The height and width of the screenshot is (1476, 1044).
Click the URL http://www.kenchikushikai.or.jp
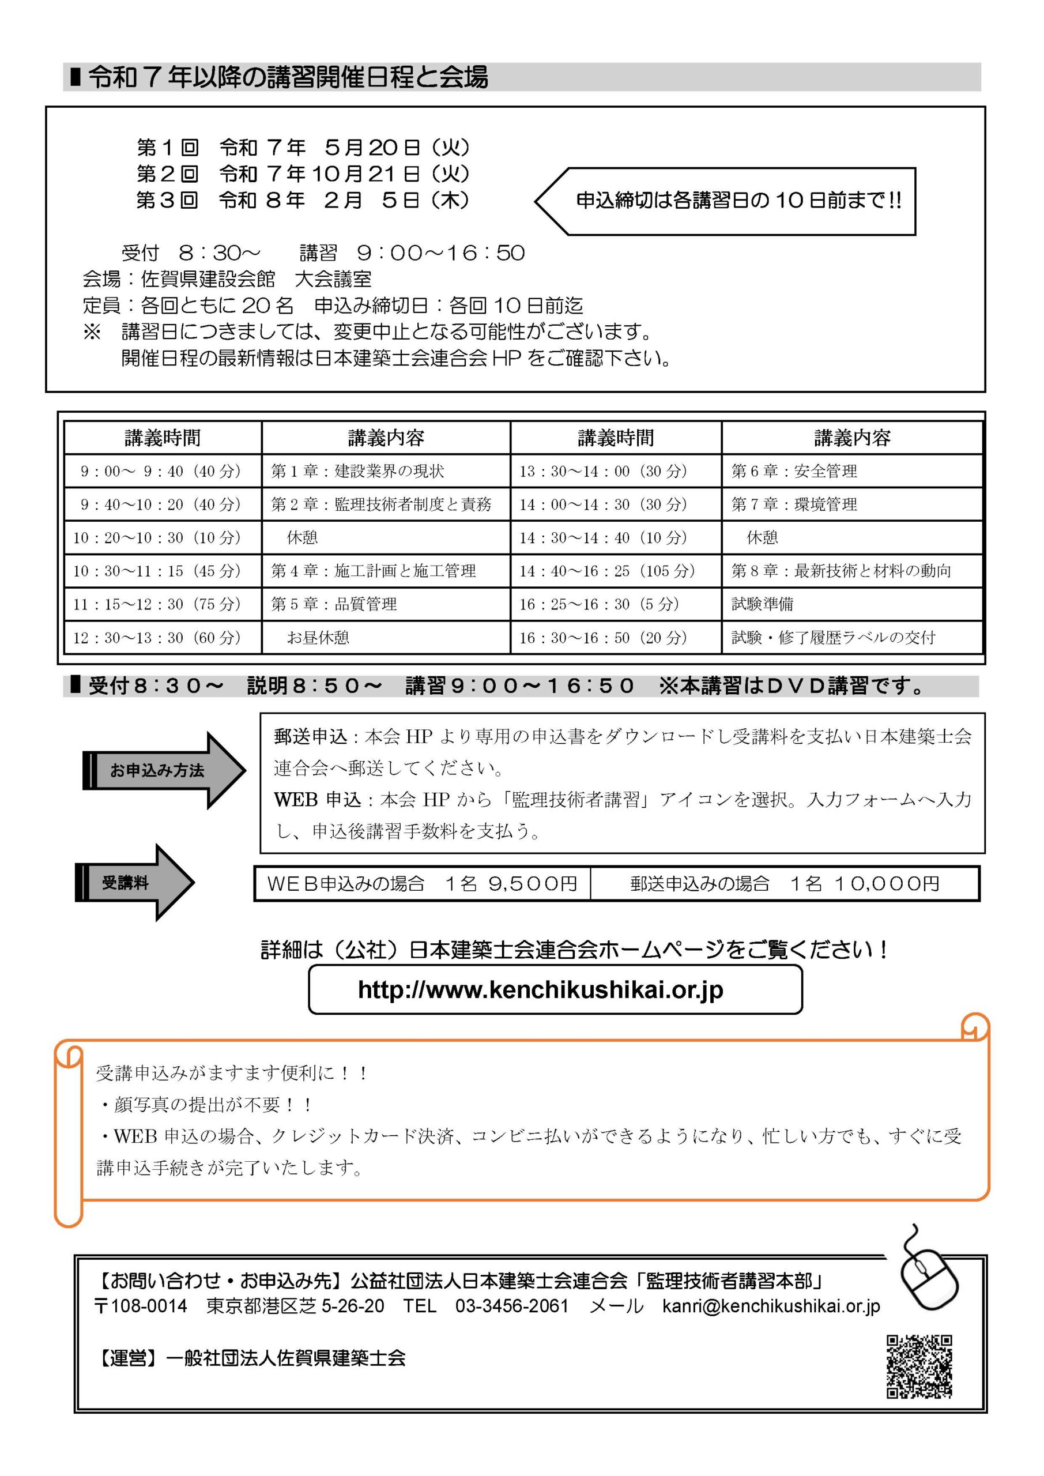point(541,990)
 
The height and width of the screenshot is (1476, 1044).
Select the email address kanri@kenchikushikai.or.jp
point(771,1306)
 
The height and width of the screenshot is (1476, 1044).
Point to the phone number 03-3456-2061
point(512,1306)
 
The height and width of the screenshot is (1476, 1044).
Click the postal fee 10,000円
point(887,884)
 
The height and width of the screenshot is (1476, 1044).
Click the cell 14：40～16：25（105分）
point(607,571)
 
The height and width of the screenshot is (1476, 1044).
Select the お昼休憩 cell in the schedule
point(318,638)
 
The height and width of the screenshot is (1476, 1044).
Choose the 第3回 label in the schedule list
point(167,200)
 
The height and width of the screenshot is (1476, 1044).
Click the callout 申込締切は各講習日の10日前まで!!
point(738,201)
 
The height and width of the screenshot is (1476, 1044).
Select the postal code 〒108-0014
point(141,1306)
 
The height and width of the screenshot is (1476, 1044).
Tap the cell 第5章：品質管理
point(334,604)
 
